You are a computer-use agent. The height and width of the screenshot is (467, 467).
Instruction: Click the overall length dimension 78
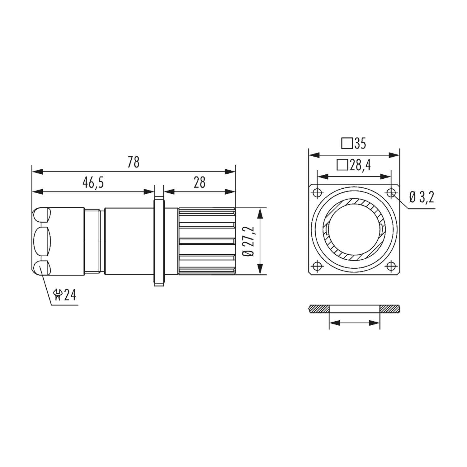point(134,163)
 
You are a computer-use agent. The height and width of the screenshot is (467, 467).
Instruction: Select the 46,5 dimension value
point(93,183)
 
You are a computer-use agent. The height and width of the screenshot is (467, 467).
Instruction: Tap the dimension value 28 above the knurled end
point(200,183)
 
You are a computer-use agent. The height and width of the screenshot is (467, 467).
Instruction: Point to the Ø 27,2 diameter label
point(250,241)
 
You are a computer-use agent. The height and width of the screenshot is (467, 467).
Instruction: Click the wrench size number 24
point(70,295)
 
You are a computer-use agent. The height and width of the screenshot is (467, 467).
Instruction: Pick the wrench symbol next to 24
point(58,295)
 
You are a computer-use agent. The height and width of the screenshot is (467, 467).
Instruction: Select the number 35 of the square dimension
point(360,144)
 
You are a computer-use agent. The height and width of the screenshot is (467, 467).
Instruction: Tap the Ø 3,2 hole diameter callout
point(422,197)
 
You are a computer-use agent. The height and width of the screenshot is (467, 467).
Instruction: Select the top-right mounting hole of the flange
point(391,193)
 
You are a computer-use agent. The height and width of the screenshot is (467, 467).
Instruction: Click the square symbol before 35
point(347,144)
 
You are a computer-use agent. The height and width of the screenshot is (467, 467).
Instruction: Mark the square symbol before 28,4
point(342,165)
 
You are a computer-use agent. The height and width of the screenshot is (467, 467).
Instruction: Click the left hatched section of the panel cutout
point(318,309)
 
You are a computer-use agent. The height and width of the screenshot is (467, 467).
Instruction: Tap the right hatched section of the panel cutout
point(390,309)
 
